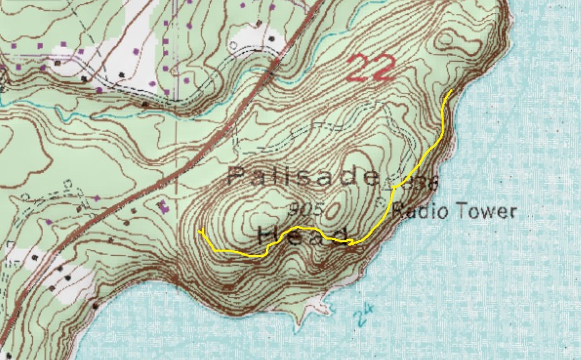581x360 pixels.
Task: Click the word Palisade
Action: point(304,177)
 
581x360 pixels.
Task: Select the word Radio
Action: point(417,211)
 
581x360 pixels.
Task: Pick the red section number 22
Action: point(373,69)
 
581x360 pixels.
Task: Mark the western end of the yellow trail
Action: point(200,231)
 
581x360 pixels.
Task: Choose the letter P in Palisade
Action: point(236,177)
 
